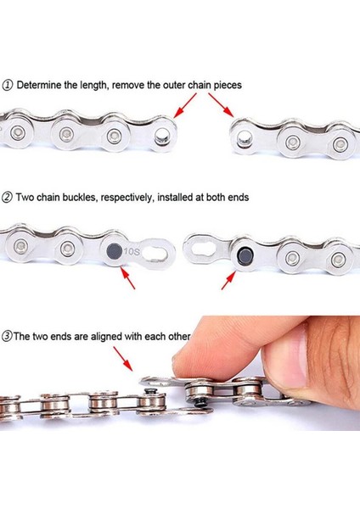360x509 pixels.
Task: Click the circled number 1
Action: [x=8, y=85]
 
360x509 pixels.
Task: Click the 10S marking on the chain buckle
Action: [x=132, y=251]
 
